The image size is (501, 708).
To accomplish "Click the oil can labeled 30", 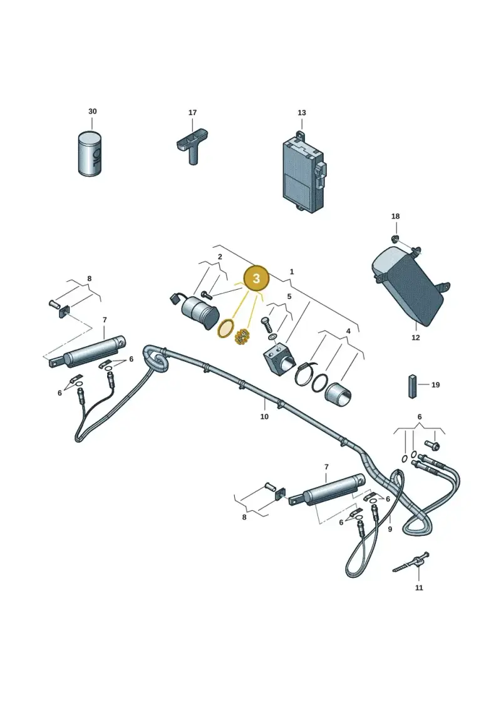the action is point(90,153).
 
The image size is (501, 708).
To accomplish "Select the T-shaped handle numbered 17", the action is point(193,145).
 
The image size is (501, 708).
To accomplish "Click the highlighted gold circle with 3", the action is point(256,278).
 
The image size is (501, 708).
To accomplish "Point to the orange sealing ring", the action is point(226,329).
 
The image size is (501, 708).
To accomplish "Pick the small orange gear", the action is point(243,336).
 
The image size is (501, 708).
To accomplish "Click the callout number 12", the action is point(416,337).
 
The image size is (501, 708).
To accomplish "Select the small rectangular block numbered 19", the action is point(412,386).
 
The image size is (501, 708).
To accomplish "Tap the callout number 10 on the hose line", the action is point(264,416).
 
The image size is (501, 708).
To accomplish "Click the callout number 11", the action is point(419,587).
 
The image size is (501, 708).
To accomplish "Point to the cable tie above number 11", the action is point(411,563).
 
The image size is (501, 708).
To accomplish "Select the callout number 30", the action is point(92,111).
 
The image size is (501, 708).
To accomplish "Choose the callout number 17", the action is point(192,113).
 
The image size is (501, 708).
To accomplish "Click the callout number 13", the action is point(301,113).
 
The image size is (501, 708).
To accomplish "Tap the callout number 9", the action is point(390,529).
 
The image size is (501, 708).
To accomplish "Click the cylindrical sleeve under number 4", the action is point(339,392).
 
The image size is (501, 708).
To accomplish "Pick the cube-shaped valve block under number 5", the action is point(278,356).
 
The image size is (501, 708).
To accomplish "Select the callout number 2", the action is point(220,257).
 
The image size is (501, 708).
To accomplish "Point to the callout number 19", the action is point(435,385).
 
